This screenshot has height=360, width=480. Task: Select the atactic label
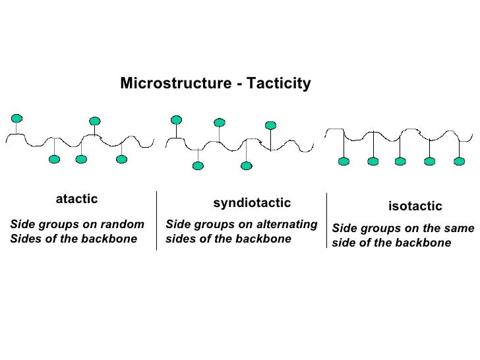76,198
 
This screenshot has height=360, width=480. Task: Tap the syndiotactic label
252,202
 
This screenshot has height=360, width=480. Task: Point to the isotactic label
415,207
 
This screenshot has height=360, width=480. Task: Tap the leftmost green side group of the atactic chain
16,118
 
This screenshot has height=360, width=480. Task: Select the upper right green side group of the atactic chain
95,121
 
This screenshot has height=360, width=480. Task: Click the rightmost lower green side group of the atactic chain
121,159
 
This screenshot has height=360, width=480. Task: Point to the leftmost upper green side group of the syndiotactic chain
176,119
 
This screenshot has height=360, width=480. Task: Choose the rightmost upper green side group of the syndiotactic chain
270,125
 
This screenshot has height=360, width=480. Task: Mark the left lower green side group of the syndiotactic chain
197,166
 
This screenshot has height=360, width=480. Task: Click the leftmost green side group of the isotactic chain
343,161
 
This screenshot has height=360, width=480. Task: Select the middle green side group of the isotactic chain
400,161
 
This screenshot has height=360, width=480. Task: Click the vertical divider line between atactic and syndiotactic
157,221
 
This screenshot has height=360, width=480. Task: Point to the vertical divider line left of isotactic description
326,221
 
